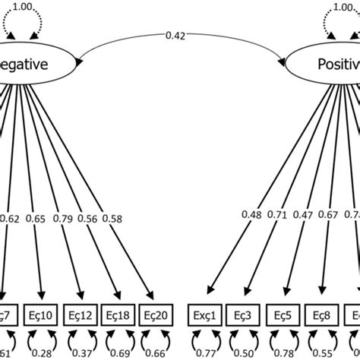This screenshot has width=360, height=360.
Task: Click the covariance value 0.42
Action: point(176,34)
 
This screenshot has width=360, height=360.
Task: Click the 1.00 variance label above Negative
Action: point(24,5)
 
